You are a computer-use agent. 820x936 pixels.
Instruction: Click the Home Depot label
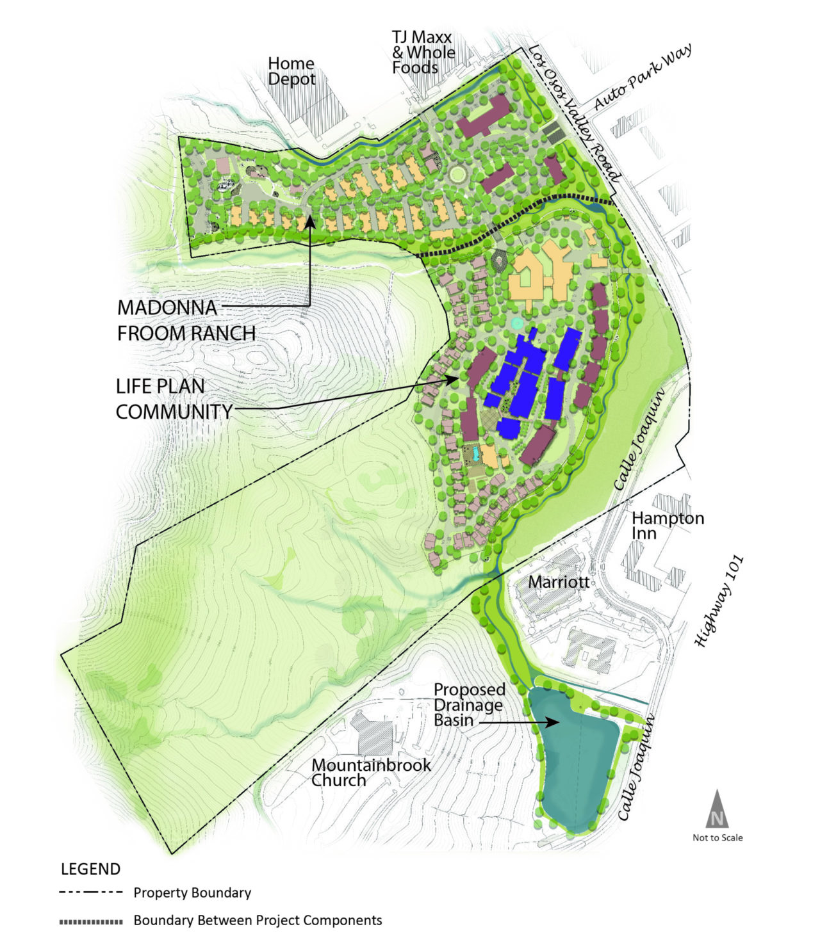291,72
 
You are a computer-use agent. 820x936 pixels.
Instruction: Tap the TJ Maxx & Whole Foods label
423,52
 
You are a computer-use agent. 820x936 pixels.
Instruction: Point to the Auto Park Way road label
643,78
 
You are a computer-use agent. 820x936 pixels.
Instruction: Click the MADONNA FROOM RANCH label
186,320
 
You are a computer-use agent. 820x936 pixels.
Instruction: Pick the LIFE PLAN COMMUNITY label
174,399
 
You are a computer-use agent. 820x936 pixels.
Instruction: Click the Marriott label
558,583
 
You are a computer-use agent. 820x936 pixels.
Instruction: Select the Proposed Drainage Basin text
470,705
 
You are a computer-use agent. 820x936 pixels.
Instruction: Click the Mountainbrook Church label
371,773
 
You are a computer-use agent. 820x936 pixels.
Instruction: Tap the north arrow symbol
717,809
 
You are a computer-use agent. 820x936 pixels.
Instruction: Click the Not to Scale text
717,837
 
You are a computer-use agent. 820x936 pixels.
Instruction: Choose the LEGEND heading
90,869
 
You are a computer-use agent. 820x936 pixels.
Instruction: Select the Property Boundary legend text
192,892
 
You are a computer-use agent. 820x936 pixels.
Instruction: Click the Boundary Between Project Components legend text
258,921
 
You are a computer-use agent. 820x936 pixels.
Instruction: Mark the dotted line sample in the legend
90,922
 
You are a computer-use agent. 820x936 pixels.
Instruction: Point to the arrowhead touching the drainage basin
552,722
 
